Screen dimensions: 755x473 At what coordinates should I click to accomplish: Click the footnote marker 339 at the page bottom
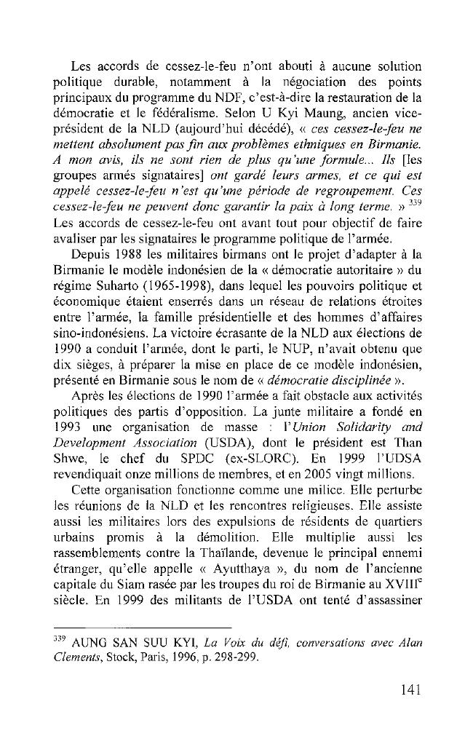pos(61,638)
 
